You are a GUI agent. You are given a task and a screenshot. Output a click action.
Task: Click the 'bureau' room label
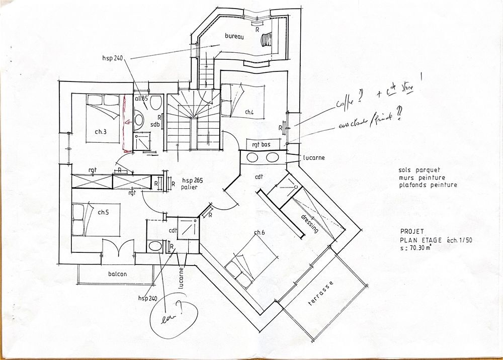pos(234,37)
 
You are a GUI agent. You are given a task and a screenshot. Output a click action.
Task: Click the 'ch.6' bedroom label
pos(260,232)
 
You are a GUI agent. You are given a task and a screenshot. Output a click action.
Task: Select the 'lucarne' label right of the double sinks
pos(314,157)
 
